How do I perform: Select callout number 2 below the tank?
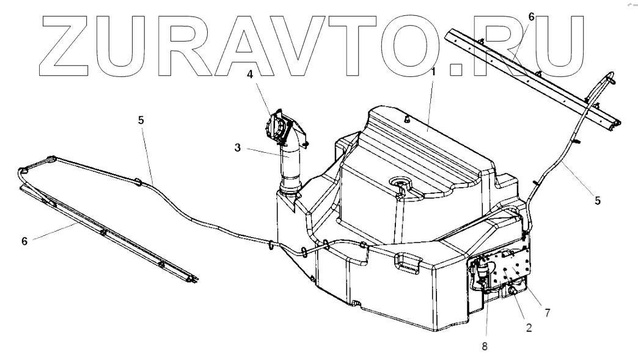(529, 327)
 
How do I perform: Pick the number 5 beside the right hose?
(598, 199)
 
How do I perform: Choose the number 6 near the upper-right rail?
(531, 17)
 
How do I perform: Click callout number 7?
(548, 312)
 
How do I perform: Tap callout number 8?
(485, 346)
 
